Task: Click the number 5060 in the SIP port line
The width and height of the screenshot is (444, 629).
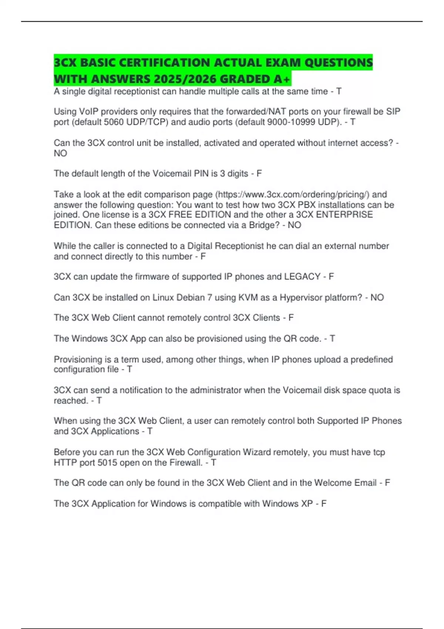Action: pyautogui.click(x=114, y=122)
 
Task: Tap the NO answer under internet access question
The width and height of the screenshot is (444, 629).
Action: pyautogui.click(x=60, y=153)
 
